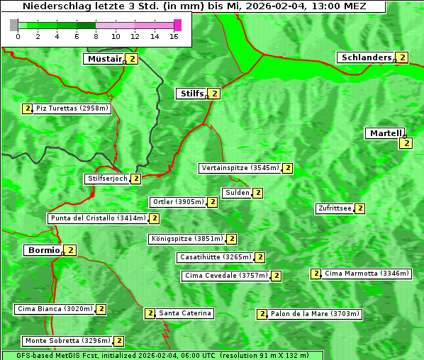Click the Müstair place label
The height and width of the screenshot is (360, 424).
[x=104, y=59]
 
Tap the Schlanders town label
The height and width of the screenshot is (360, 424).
[x=365, y=57]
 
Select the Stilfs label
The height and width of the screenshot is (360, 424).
[x=190, y=93]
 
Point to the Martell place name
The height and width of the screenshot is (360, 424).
[x=384, y=133]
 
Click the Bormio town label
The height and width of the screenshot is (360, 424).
[x=43, y=250]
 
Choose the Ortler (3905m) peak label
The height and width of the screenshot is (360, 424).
[x=178, y=202]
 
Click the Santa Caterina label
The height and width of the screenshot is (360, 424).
[x=184, y=313]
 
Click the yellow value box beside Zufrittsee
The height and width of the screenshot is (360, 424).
[x=360, y=208]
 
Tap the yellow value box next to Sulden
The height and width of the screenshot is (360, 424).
[x=258, y=193]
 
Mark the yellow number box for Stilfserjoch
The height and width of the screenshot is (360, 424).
[x=135, y=179]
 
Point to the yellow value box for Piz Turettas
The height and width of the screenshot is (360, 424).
[x=28, y=108]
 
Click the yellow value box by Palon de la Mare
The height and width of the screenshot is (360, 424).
[x=262, y=314]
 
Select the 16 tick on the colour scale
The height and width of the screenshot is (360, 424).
[x=174, y=36]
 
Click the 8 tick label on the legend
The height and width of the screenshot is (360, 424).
[x=96, y=36]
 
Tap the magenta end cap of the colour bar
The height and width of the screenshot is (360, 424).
[x=177, y=25]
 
